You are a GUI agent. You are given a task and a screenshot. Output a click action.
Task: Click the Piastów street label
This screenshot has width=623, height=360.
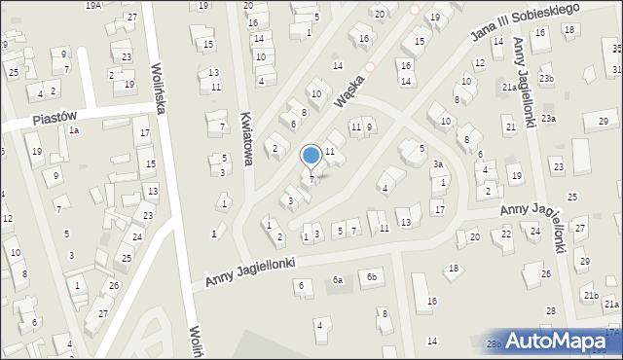55,116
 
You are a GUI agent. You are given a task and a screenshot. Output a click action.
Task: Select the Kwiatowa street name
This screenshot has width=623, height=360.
244,135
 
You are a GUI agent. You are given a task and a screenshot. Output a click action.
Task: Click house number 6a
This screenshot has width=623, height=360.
338,280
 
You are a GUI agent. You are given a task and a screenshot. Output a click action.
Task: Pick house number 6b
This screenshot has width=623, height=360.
371,277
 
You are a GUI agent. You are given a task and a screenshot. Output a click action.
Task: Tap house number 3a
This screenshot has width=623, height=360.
438,165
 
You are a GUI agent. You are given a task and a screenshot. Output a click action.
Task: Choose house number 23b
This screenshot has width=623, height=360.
547,79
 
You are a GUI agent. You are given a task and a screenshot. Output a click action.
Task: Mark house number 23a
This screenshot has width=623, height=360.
549,119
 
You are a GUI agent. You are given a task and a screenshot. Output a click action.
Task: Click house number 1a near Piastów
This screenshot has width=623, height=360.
73,130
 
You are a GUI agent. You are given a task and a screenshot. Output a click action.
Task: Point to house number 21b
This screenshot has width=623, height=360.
590,295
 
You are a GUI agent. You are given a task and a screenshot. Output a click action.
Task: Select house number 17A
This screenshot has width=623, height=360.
612,333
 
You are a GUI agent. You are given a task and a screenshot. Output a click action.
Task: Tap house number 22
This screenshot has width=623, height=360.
506,234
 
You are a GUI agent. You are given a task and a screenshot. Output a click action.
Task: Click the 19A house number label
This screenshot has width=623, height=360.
93,5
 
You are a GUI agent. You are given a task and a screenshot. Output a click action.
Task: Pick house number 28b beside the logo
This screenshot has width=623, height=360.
494,344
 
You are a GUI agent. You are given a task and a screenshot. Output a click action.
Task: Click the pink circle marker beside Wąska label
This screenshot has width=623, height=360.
369,68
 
